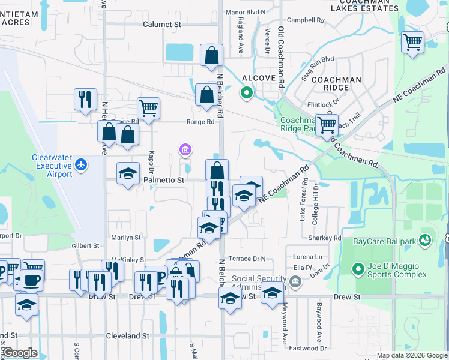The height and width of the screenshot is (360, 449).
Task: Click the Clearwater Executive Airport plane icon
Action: point(82,164)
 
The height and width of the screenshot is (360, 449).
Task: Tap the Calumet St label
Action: point(162,25)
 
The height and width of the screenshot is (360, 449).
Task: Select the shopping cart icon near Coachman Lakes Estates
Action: point(413,43)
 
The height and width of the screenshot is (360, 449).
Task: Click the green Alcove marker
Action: point(246,92)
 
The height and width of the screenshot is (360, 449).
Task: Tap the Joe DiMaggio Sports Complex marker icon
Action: point(358,268)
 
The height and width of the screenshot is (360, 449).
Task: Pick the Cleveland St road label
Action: point(127,336)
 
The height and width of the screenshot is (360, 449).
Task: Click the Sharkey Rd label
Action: point(326,238)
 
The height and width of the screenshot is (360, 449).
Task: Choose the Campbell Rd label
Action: point(310,20)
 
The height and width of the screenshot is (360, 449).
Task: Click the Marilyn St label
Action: point(125,238)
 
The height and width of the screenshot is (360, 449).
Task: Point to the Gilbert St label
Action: point(85,246)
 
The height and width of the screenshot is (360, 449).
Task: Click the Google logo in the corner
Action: point(20,353)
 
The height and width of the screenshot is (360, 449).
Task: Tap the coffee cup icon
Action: point(31,279)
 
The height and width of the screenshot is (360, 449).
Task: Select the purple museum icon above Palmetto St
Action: point(185,149)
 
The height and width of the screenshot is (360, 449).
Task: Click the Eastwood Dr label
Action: point(307,348)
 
